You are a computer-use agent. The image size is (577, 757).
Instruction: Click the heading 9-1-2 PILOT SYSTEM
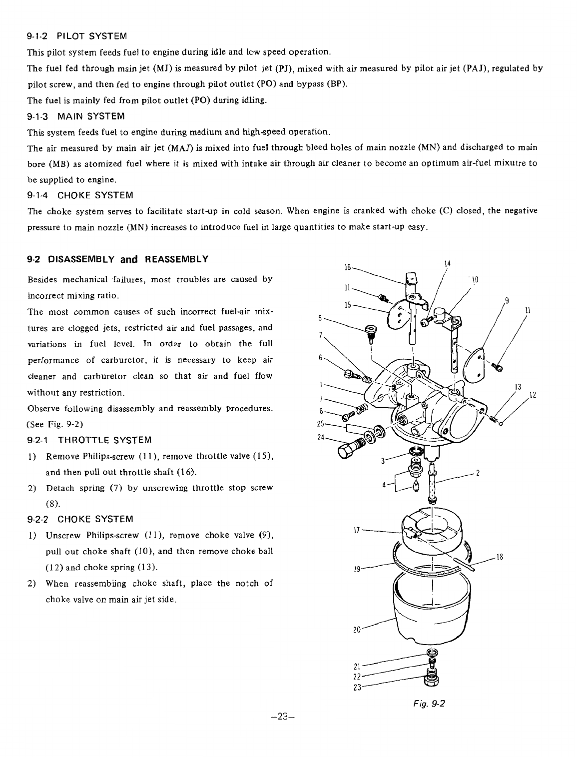pos(77,36)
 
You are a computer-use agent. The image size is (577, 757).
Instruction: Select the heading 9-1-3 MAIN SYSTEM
pos(75,116)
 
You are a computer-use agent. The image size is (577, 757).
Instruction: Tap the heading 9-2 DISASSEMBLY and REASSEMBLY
pos(117,259)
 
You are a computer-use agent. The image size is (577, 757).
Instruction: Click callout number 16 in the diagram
pos(348,268)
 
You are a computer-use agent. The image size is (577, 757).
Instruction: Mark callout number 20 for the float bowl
pos(357,630)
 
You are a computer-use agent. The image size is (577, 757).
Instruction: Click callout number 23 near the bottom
pos(357,686)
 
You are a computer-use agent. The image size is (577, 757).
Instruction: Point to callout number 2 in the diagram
pos(478,474)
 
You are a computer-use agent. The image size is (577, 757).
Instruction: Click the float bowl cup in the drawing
pos(430,610)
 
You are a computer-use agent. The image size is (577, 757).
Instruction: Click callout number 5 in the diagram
pos(320,317)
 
